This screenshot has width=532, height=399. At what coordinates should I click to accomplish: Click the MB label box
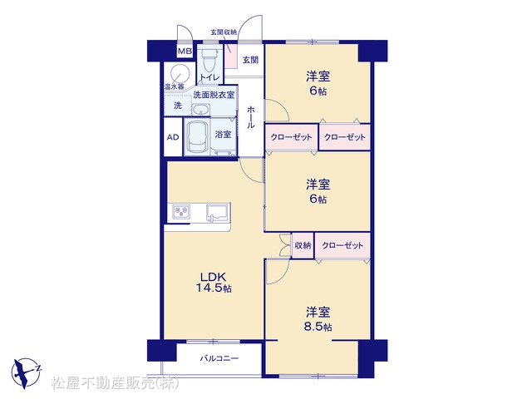point(185,52)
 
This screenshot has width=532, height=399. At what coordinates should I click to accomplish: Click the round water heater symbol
point(180,74)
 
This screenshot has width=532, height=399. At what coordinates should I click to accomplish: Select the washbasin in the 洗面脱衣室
point(201,110)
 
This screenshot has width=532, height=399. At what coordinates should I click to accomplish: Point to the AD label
point(173,137)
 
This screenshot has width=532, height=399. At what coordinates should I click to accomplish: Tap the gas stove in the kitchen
point(181,212)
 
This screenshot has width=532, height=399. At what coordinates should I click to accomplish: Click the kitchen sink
point(218,213)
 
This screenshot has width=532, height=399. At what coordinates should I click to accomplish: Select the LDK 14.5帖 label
point(214,283)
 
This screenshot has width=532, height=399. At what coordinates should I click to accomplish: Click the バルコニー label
point(219,358)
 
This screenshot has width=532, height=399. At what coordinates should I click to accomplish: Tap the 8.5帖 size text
point(318,327)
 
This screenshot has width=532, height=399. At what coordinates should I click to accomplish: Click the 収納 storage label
point(303,245)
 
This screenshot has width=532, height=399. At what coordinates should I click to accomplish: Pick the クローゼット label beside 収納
point(342,245)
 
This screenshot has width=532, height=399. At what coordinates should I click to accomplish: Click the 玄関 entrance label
point(250,60)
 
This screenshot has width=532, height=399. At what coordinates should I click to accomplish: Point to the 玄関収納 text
point(224,32)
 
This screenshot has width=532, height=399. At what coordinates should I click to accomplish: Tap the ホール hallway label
point(251,117)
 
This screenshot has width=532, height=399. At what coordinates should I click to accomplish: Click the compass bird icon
point(25,372)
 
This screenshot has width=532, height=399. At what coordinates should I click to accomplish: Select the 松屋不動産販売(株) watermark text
point(115,383)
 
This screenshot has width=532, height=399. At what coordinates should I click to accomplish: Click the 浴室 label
point(223,135)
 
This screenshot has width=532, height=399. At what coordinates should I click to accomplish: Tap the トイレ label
point(209,77)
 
